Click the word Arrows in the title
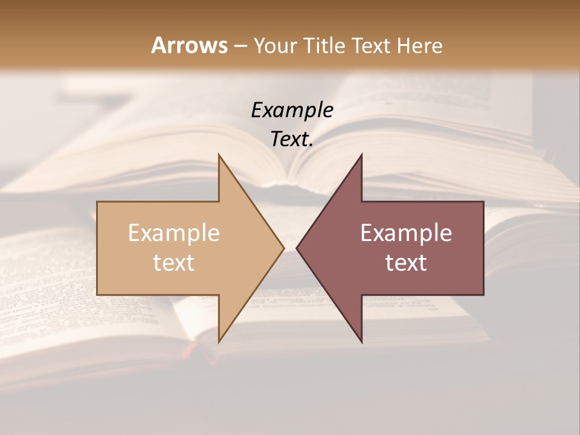tap(189, 45)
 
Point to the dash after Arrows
tap(240, 46)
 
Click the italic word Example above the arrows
tap(292, 110)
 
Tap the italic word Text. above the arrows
tap(292, 140)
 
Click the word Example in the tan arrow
tap(173, 233)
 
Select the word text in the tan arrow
tap(173, 263)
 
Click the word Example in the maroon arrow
tap(406, 233)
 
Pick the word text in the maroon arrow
tap(406, 263)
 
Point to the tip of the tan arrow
tap(283, 248)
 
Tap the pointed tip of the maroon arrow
tap(297, 248)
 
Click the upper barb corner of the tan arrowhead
tap(219, 155)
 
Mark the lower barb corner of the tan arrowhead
tap(219, 342)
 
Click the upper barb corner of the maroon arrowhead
tap(362, 155)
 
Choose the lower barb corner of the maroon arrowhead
tap(362, 342)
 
